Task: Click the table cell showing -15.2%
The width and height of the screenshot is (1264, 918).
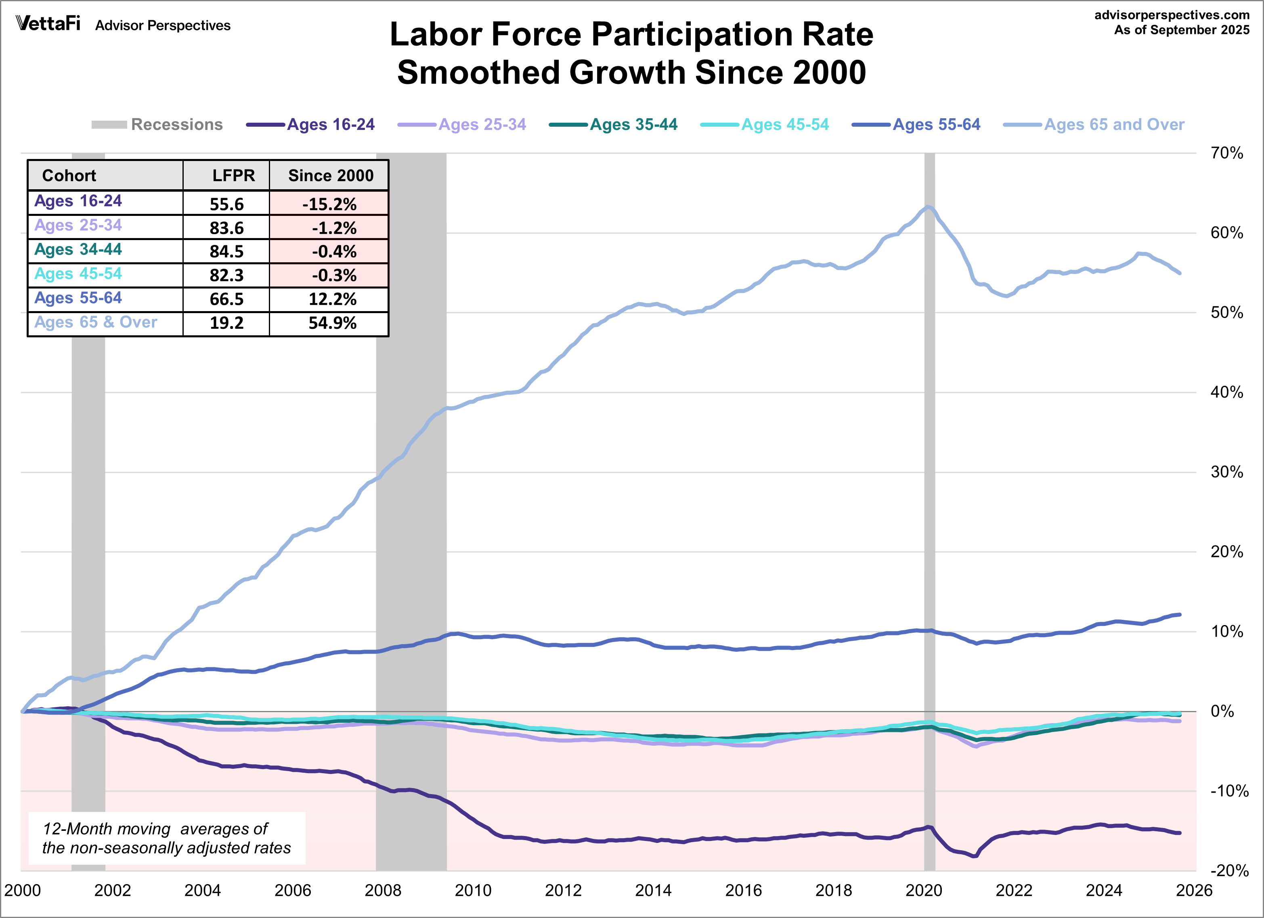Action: tap(329, 204)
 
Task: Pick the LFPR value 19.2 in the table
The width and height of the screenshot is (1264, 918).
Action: tap(226, 323)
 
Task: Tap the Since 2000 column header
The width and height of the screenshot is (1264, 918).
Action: tap(331, 176)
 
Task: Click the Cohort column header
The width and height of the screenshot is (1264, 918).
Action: tap(69, 176)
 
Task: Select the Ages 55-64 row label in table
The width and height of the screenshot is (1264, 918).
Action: tap(78, 298)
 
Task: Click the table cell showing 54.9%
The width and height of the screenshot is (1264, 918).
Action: tap(332, 323)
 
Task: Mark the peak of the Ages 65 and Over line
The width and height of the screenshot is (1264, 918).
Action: tap(928, 207)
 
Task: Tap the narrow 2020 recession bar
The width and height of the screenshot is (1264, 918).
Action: tap(929, 501)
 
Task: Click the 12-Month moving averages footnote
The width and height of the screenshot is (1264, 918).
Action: tap(166, 838)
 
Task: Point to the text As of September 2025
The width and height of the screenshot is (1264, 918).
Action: tap(1182, 30)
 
